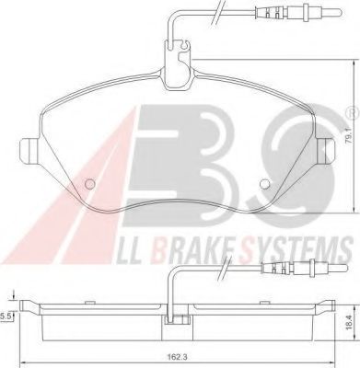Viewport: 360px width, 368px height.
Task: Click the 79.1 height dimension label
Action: coord(349,140)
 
